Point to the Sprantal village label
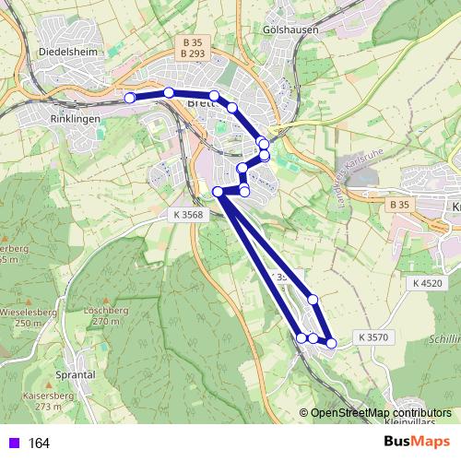click(x=76, y=375)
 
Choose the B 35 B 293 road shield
click(x=192, y=48)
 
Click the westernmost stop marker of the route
click(x=130, y=97)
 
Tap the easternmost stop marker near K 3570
click(x=331, y=343)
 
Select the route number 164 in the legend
click(x=39, y=443)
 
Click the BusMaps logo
click(x=417, y=442)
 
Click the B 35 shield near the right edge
click(x=399, y=204)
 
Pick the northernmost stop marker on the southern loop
click(x=313, y=299)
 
